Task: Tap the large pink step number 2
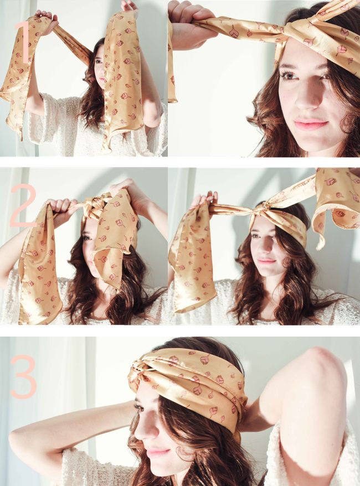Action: (x=23, y=205)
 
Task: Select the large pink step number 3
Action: (x=24, y=376)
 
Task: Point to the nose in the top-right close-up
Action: (x=306, y=99)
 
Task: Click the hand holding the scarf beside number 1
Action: (x=47, y=19)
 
